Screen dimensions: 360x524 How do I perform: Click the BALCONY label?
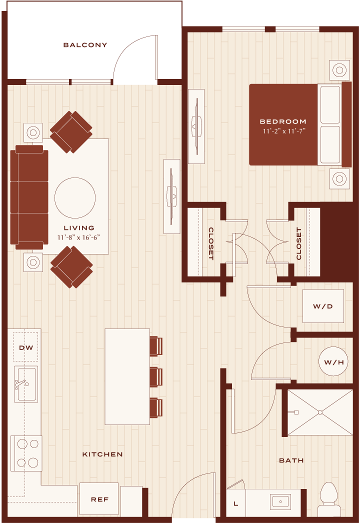pyautogui.click(x=85, y=45)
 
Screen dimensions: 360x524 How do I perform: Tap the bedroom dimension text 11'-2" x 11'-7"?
pyautogui.click(x=284, y=131)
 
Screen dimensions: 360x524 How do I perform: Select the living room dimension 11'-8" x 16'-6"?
pyautogui.click(x=79, y=237)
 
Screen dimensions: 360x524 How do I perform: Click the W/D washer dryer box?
pyautogui.click(x=323, y=306)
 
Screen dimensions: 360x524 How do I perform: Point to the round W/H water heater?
pyautogui.click(x=334, y=362)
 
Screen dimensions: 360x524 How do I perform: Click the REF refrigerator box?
pyautogui.click(x=99, y=499)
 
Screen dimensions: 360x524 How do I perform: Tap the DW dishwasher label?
pyautogui.click(x=26, y=347)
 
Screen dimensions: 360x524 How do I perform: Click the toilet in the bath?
pyautogui.click(x=329, y=499)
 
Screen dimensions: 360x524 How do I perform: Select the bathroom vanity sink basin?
pyautogui.click(x=280, y=501)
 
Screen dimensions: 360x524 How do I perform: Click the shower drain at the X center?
pyautogui.click(x=320, y=412)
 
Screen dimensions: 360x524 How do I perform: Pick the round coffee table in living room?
pyautogui.click(x=75, y=198)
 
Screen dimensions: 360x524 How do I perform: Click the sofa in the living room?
pyautogui.click(x=29, y=197)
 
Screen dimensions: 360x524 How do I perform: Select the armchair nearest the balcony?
pyautogui.click(x=71, y=132)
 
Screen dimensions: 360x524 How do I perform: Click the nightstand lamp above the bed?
pyautogui.click(x=339, y=70)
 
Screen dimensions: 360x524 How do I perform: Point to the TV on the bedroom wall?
pyautogui.click(x=196, y=126)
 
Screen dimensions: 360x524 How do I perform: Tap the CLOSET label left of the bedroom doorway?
pyautogui.click(x=211, y=243)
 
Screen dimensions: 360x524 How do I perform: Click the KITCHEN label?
pyautogui.click(x=102, y=454)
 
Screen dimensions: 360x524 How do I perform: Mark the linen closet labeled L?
pyautogui.click(x=236, y=503)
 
